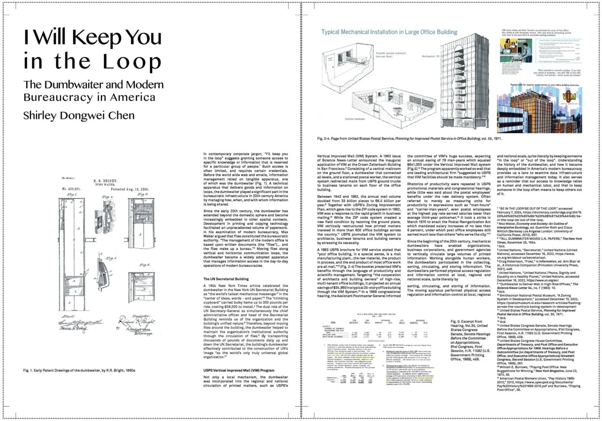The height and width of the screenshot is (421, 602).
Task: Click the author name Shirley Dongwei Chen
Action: [x=79, y=116]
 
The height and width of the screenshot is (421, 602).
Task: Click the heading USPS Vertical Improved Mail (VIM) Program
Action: [x=239, y=370]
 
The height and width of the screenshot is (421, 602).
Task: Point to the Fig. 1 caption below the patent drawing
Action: [x=79, y=370]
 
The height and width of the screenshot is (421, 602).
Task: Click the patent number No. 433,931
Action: [x=72, y=189]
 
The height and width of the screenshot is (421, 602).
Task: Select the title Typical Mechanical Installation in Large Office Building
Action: [x=389, y=32]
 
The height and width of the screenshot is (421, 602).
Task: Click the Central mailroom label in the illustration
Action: [x=355, y=119]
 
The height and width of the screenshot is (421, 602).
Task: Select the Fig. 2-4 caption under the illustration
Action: [x=409, y=139]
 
